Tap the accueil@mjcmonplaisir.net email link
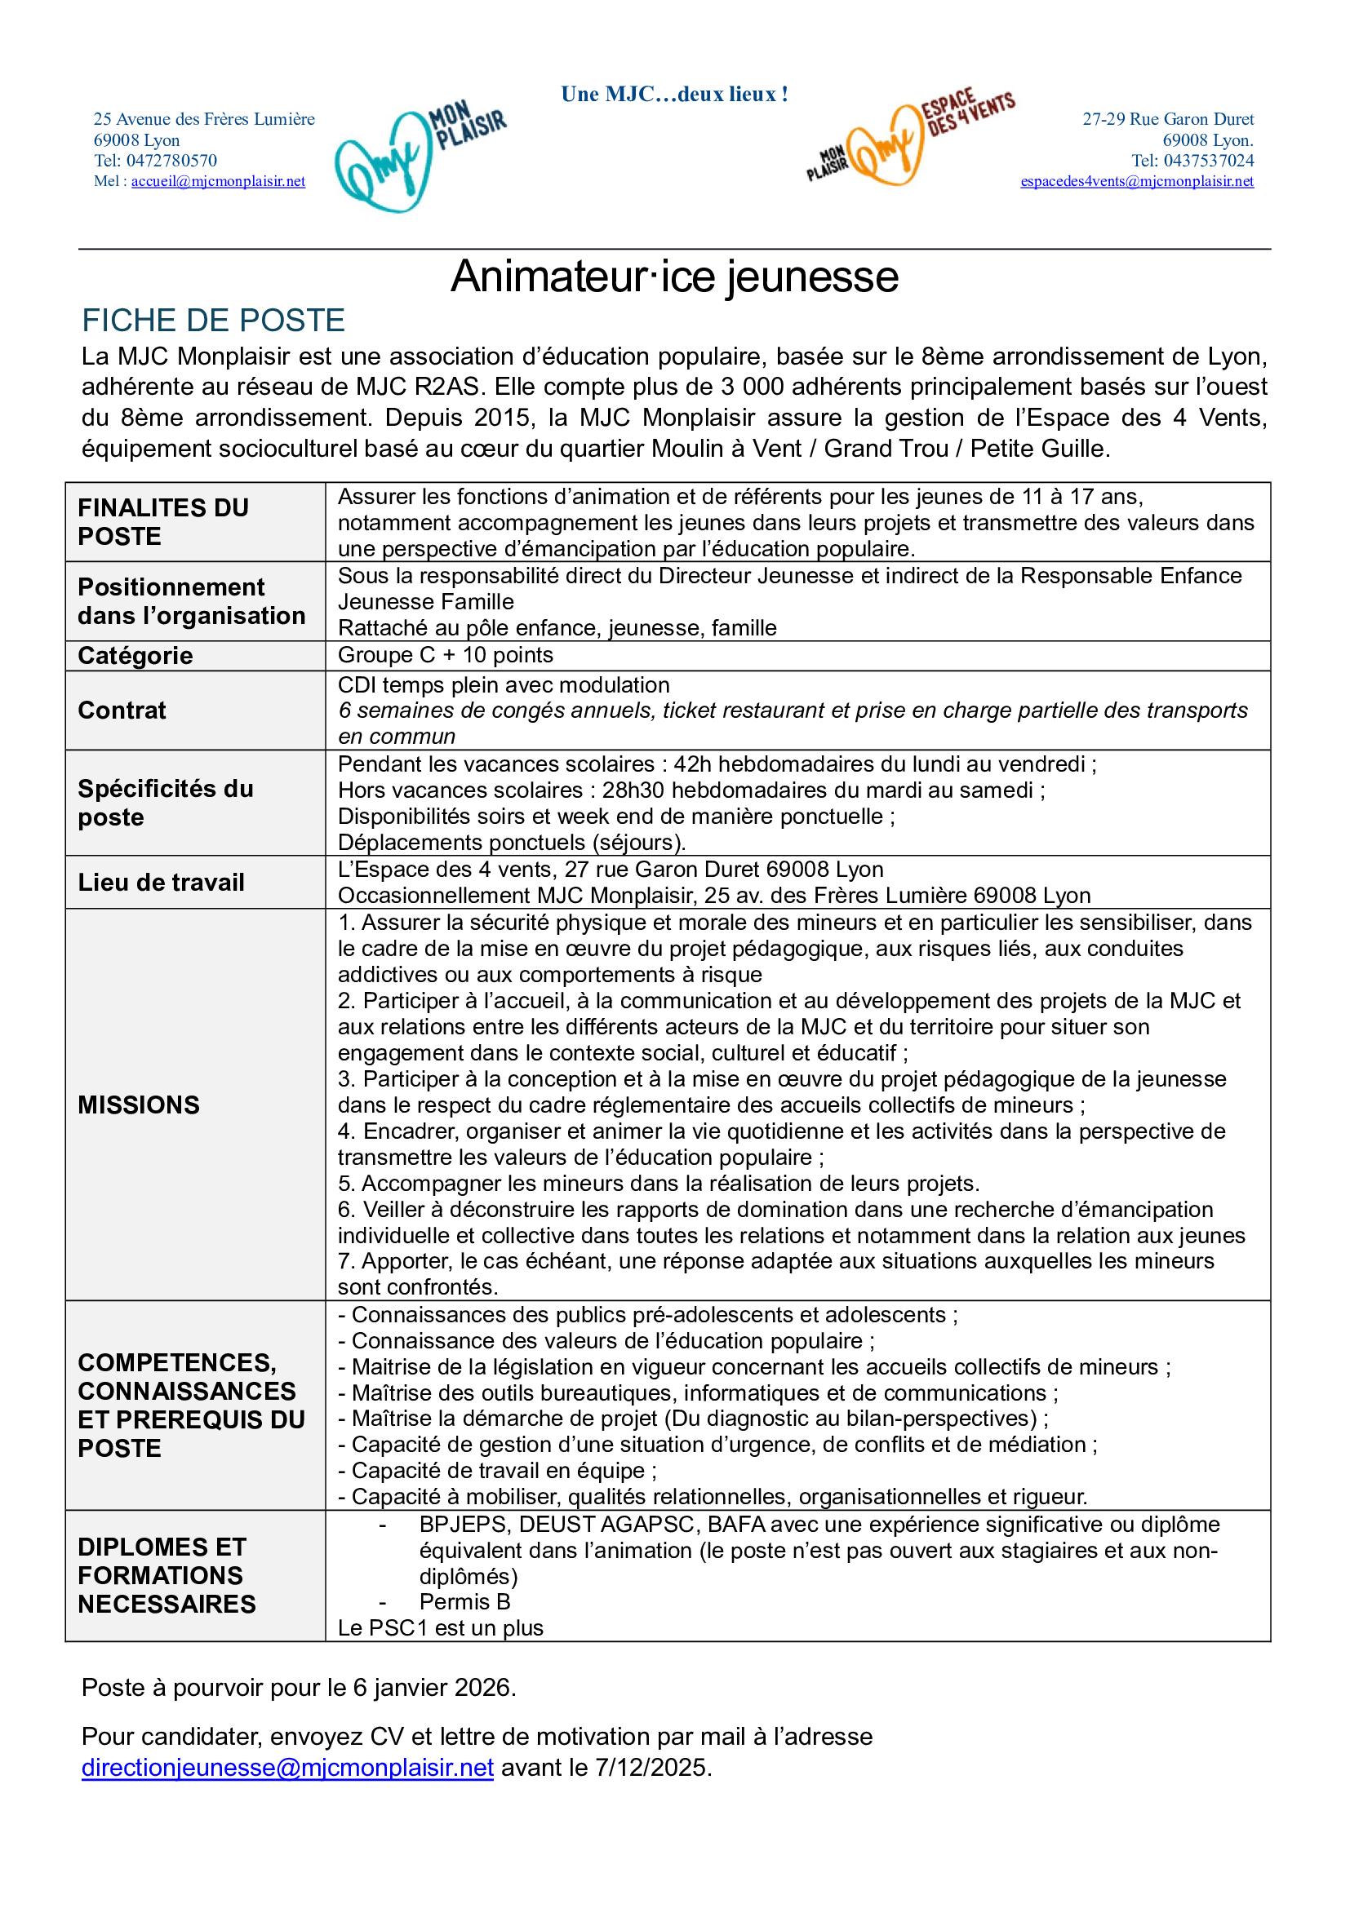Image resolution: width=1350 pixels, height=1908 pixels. pos(218,182)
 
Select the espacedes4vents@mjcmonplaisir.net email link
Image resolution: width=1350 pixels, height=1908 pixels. pos(1136,182)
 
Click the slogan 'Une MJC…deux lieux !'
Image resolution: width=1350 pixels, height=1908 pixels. pos(674,95)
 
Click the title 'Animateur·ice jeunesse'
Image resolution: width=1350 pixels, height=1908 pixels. pos(674,277)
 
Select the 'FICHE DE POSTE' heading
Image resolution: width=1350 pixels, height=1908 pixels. pos(213,321)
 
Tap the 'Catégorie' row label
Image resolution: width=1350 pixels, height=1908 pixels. pos(135,656)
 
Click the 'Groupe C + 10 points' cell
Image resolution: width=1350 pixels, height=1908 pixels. pos(445,655)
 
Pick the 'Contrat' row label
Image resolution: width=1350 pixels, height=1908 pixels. pos(122,710)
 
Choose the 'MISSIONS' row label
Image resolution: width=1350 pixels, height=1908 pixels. pos(139,1105)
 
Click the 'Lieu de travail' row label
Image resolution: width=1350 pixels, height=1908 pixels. pos(162,882)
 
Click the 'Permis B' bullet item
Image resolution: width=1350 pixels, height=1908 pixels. pos(464,1601)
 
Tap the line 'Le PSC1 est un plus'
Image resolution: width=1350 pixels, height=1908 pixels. pos(440,1627)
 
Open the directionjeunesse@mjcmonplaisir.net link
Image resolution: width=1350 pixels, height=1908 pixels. pos(287,1767)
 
